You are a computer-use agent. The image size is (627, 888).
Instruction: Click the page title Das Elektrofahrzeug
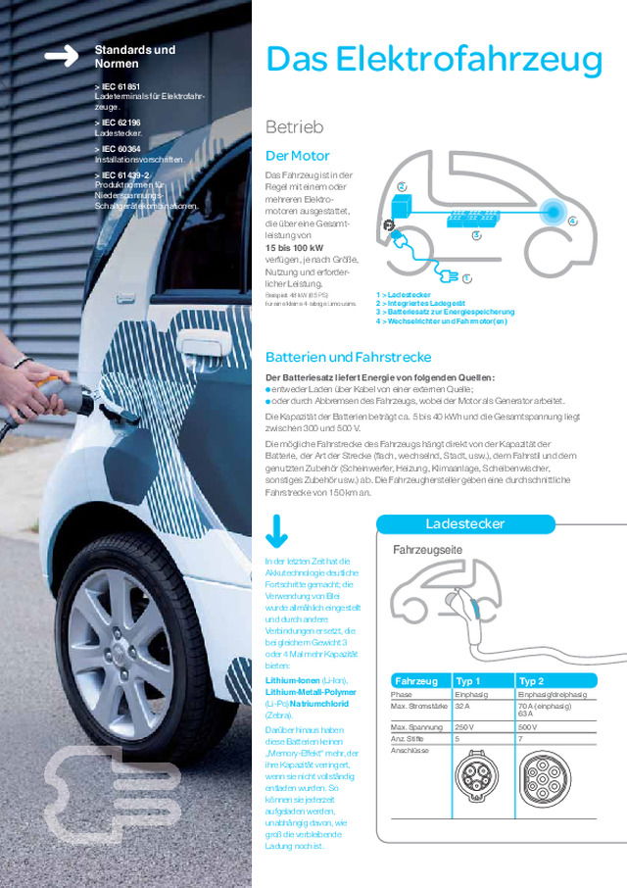coord(433,60)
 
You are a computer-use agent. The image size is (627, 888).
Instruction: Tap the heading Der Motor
coord(298,156)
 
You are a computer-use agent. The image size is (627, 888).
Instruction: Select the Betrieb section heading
coord(294,127)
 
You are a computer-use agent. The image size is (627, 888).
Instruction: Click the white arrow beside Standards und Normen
coord(61,57)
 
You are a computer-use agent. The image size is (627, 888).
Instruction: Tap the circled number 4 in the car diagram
coord(572,222)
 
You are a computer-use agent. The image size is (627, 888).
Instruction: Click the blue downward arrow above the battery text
coord(276,532)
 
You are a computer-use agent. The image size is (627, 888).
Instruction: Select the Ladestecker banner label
coord(465,523)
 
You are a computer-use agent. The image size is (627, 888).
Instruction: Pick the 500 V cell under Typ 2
coord(526,727)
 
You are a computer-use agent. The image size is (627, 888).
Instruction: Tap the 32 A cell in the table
coord(463,705)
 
